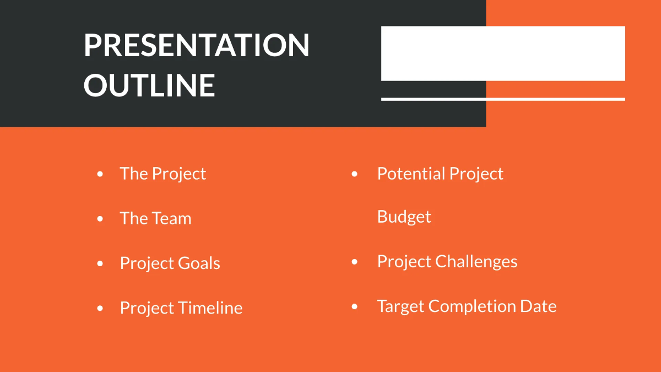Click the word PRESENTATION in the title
[x=197, y=45]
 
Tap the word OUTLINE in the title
[x=149, y=85]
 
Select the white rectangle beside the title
[x=503, y=53]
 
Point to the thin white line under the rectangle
[x=503, y=99]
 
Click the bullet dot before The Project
[x=100, y=174]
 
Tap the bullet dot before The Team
[x=100, y=219]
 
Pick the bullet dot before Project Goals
[x=100, y=263]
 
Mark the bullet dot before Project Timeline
[x=100, y=308]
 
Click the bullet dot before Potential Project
[x=354, y=174]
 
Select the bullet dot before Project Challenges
[x=354, y=262]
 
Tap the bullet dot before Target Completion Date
[x=354, y=306]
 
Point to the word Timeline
[x=212, y=308]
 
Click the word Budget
[x=404, y=217]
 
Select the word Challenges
[x=476, y=261]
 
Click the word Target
[x=400, y=306]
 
